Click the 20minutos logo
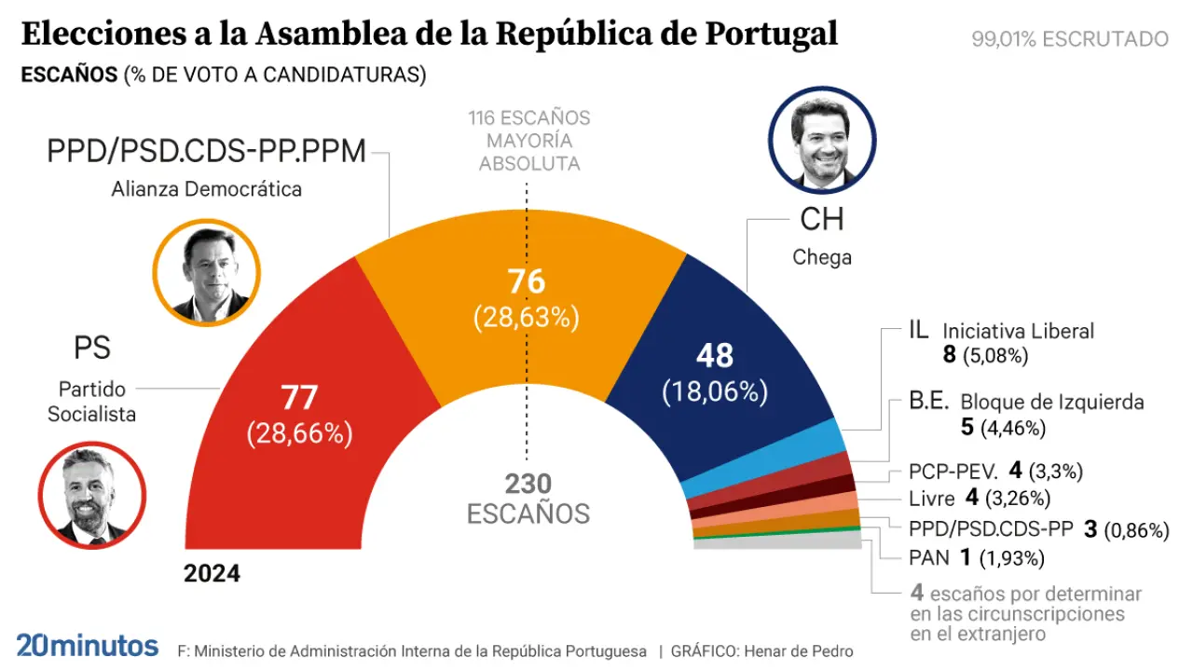(87, 645)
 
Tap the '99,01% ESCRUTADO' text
(1069, 39)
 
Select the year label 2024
(212, 573)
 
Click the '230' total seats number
(528, 484)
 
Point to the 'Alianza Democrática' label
(207, 189)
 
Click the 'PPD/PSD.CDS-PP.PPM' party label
(207, 151)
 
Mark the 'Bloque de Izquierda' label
(1052, 403)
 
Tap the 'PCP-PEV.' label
(953, 471)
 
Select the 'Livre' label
(932, 498)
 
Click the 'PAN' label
(929, 558)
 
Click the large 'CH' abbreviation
(821, 219)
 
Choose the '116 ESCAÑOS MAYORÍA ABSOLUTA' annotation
(529, 141)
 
